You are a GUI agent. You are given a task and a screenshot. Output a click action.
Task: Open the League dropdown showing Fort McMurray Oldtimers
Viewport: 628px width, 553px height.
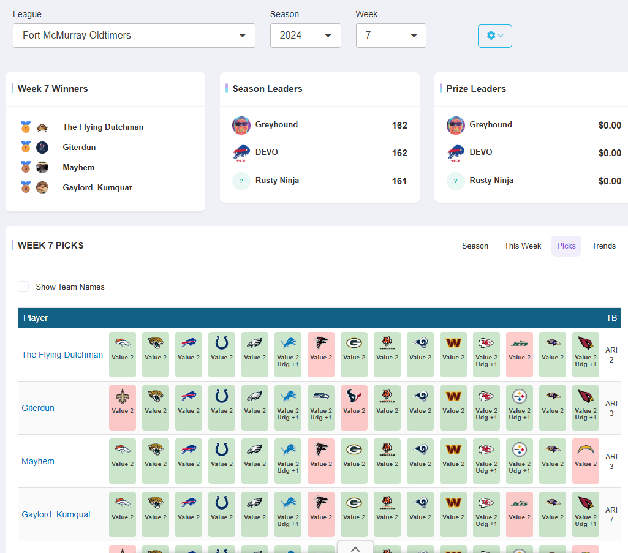pyautogui.click(x=134, y=36)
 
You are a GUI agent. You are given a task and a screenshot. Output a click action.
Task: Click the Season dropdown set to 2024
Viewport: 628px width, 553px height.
pyautogui.click(x=305, y=36)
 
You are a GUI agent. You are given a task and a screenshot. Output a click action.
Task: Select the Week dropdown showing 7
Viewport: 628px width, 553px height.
pyautogui.click(x=391, y=36)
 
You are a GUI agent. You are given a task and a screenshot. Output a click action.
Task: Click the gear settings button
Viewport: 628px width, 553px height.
pyautogui.click(x=494, y=36)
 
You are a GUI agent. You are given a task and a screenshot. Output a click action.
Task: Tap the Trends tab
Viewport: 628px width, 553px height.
pyautogui.click(x=603, y=246)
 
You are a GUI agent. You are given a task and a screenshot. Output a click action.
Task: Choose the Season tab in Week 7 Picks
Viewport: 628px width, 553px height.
pyautogui.click(x=475, y=246)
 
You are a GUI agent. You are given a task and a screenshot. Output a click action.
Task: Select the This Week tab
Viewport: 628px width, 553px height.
pyautogui.click(x=523, y=246)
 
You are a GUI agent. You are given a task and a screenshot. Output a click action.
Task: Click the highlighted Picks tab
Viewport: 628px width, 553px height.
pyautogui.click(x=566, y=246)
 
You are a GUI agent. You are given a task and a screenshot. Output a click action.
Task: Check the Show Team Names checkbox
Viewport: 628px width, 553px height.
pyautogui.click(x=23, y=287)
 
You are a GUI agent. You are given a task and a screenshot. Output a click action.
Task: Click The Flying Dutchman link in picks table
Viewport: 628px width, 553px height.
pyautogui.click(x=62, y=355)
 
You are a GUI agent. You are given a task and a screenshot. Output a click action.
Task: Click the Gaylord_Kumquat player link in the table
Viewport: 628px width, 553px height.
pyautogui.click(x=56, y=514)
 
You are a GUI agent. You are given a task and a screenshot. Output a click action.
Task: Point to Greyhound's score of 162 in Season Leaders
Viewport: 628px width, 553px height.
pyautogui.click(x=399, y=126)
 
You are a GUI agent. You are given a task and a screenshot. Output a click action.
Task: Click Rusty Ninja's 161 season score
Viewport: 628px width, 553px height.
pyautogui.click(x=399, y=181)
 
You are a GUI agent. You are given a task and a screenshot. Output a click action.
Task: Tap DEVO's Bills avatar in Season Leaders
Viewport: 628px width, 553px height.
pyautogui.click(x=241, y=153)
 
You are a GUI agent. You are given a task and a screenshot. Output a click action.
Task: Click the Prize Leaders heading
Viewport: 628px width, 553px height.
pyautogui.click(x=476, y=89)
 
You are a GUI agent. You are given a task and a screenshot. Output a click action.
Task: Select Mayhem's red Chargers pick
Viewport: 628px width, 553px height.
pyautogui.click(x=585, y=461)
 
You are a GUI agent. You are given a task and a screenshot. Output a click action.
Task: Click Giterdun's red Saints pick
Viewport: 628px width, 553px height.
pyautogui.click(x=123, y=408)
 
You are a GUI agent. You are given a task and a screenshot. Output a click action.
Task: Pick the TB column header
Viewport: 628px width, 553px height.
pyautogui.click(x=611, y=318)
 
